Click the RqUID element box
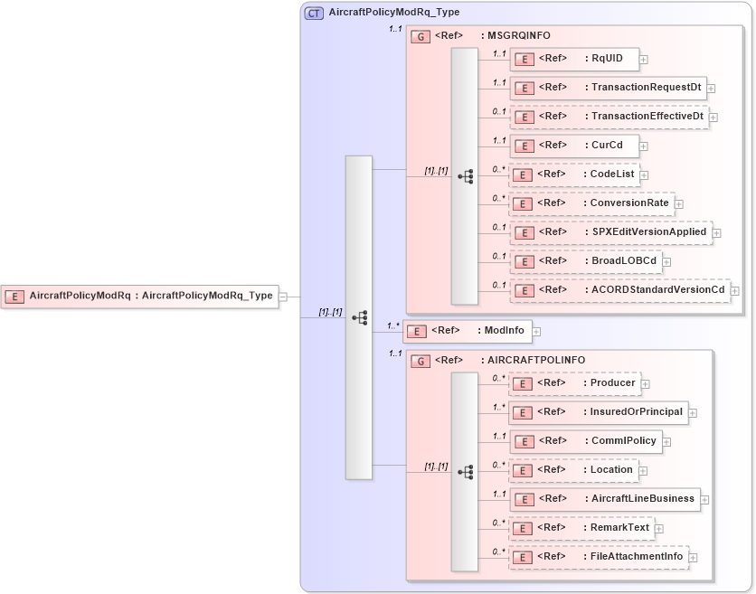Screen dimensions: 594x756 pos(574,60)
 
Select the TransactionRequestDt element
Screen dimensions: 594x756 pos(608,88)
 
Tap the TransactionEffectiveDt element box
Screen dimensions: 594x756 pos(609,117)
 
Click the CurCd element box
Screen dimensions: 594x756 pos(574,145)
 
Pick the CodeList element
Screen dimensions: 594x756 pos(574,174)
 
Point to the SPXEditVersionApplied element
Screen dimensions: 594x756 pos(610,231)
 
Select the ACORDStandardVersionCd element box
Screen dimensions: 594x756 pos(619,289)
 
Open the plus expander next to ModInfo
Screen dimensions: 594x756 pos(536,331)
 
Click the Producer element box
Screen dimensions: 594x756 pos(574,382)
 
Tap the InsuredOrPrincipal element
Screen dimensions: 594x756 pos(598,411)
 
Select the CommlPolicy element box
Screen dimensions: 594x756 pos(585,440)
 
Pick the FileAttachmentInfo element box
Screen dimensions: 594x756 pos(598,556)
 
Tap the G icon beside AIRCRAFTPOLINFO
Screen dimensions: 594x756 pos(421,360)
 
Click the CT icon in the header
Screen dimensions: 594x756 pos(314,13)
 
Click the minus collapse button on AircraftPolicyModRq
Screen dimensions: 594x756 pos(283,296)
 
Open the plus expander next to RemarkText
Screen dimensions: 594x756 pos(658,528)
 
